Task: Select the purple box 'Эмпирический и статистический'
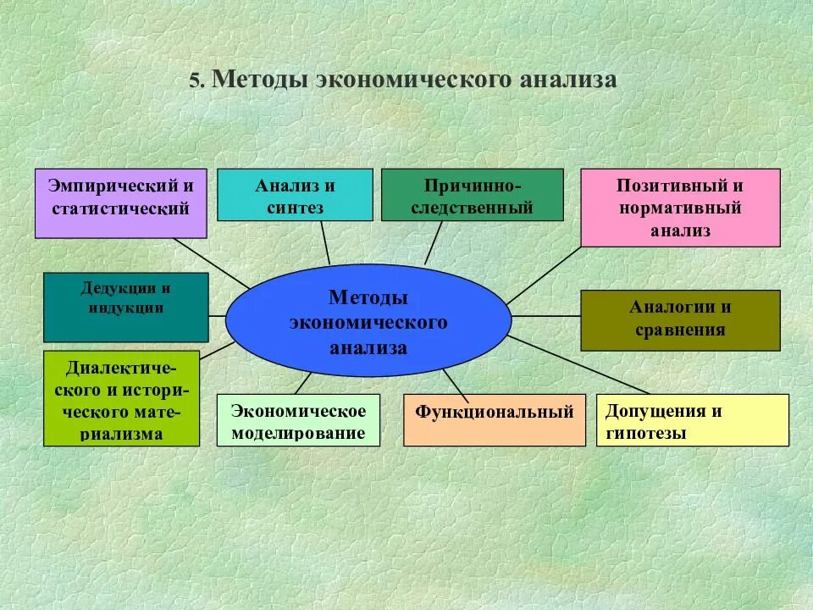[120, 203]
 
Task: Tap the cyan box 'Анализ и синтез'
[295, 195]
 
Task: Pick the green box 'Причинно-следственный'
[472, 195]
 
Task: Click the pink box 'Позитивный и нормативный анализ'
[680, 208]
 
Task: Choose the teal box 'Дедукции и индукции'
[125, 307]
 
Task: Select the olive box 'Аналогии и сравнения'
[680, 319]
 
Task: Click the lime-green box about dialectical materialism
[121, 398]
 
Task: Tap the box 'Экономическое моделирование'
[298, 421]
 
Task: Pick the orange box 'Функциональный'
[494, 420]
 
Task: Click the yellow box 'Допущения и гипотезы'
[692, 420]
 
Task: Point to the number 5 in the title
[195, 80]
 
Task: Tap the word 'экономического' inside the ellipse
[368, 323]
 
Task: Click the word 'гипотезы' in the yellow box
[646, 433]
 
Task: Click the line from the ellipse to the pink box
[544, 274]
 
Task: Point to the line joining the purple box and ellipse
[212, 263]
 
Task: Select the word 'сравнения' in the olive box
[680, 330]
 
